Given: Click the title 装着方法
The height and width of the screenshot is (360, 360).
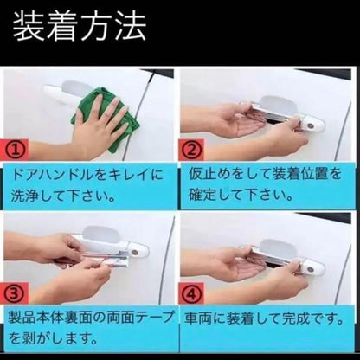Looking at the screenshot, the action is click(80, 27).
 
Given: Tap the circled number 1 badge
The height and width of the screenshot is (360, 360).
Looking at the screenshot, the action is click(16, 150).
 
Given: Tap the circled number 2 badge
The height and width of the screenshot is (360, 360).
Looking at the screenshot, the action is click(191, 150).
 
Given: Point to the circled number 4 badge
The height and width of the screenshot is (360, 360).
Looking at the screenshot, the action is click(191, 293).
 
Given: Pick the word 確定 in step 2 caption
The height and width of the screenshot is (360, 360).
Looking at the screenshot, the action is click(203, 195).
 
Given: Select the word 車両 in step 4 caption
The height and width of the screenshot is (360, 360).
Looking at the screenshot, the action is click(198, 319).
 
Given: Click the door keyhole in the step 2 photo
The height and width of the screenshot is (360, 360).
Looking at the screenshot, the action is click(312, 125).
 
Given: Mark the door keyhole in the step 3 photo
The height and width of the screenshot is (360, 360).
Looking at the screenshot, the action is click(135, 252).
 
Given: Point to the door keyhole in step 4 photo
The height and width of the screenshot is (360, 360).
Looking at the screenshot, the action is click(312, 269).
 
